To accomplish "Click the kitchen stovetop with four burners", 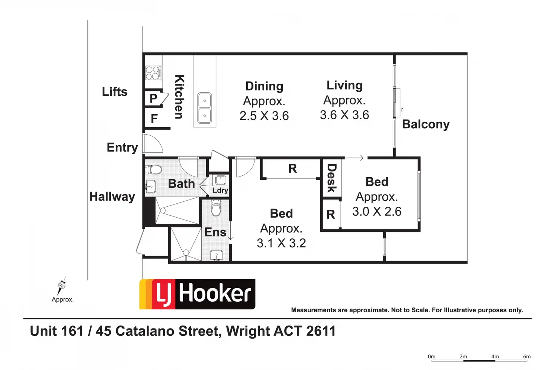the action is point(153,72).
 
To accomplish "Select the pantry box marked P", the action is point(153,98).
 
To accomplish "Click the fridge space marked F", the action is point(154,119).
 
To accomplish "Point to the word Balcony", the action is point(426,124).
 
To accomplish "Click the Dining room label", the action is point(264,86).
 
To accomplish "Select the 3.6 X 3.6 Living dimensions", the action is point(344,115).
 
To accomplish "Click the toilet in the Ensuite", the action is point(216,209).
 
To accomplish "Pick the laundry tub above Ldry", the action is point(221,180).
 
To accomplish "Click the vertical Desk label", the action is point(331,178).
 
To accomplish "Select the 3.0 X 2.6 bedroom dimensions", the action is point(377,212).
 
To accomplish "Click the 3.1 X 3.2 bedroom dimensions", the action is point(281,243).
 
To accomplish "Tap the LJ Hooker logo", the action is point(197,294).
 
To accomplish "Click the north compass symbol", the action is point(62,285).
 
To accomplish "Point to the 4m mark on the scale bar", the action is point(495,357).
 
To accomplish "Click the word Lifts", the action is point(115,92).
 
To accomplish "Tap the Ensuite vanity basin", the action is point(216,255).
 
